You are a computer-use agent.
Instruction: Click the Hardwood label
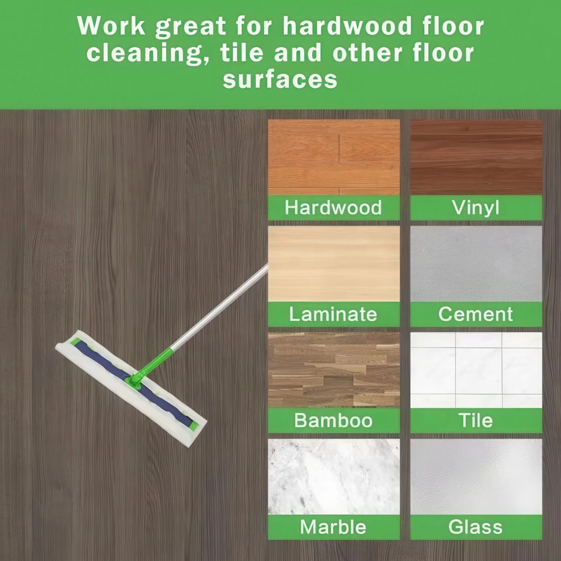tap(333, 208)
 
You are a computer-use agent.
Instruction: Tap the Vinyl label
tap(476, 208)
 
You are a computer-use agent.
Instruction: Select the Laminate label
tap(333, 314)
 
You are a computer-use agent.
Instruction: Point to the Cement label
tap(476, 314)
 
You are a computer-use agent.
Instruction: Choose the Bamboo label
tap(333, 420)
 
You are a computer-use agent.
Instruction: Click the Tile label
tap(476, 420)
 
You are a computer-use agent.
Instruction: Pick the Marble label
tap(333, 527)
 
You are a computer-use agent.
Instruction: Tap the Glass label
tap(476, 527)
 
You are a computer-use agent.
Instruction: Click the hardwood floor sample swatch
tap(334, 157)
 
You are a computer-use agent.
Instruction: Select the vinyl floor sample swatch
tap(476, 157)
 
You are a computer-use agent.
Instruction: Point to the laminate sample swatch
tap(334, 264)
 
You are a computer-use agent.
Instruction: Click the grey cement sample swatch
tap(476, 264)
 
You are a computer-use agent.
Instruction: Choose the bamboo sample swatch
tap(334, 370)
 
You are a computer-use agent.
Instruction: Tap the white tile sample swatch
tap(476, 370)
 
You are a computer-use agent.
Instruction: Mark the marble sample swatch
tap(334, 476)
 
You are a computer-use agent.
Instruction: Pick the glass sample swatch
tap(476, 476)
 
